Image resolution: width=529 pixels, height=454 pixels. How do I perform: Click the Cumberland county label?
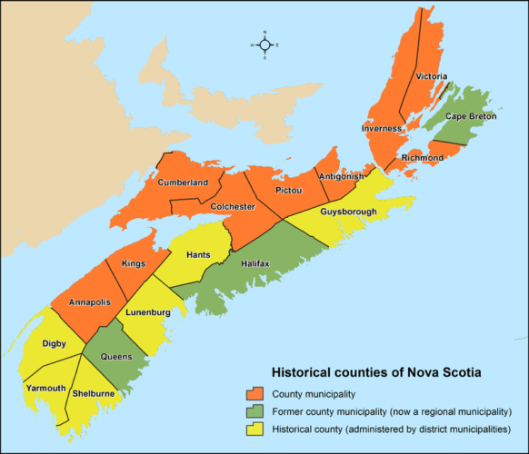(x=183, y=183)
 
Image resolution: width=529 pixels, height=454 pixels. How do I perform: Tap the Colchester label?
(x=232, y=206)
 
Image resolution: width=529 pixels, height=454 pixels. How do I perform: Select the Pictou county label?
(x=288, y=192)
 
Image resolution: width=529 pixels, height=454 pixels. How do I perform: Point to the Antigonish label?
(x=342, y=175)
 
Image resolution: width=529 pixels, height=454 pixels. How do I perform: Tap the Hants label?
(x=198, y=254)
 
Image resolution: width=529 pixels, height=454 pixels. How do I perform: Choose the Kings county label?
(x=133, y=263)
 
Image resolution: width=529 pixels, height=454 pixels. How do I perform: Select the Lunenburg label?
(x=148, y=312)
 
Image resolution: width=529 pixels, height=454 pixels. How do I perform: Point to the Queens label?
(x=115, y=357)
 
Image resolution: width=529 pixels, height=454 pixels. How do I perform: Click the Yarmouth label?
(x=45, y=388)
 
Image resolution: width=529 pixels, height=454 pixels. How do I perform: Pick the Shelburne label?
(x=94, y=393)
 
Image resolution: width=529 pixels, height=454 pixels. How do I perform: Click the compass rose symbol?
(x=264, y=44)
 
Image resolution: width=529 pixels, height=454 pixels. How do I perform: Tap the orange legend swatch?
(x=255, y=394)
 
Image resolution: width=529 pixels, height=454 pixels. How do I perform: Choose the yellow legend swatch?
(x=255, y=429)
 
